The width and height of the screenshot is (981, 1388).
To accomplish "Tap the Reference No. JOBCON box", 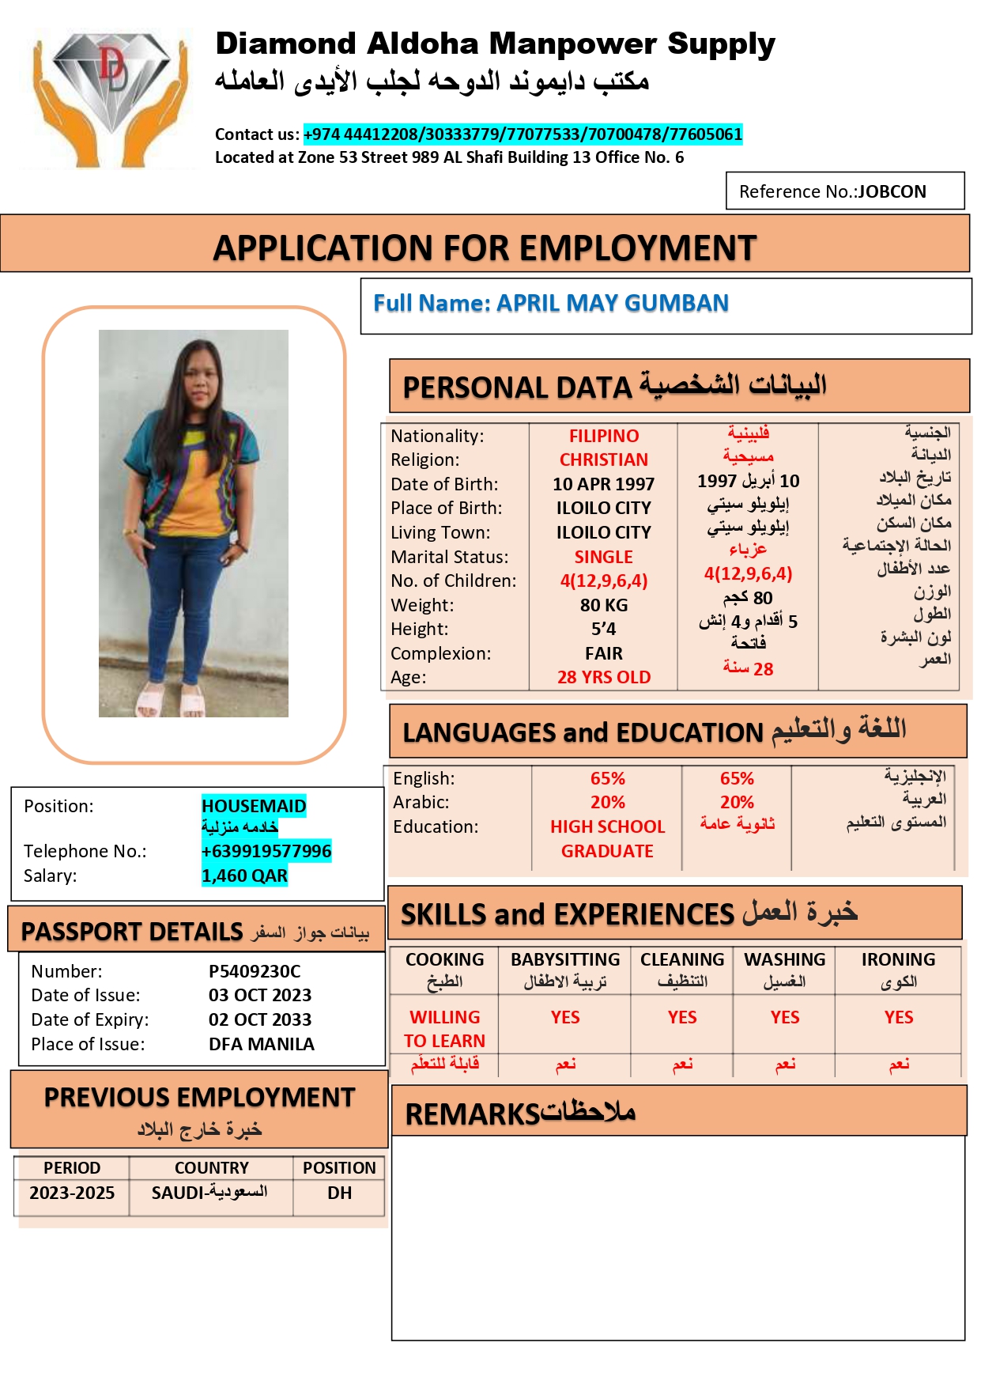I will click(x=844, y=191).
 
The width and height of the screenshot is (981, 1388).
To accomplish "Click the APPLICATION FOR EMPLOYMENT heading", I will click(x=485, y=248).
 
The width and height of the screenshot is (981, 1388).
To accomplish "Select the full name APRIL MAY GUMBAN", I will click(x=551, y=304).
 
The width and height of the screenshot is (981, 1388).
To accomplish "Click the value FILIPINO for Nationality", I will click(x=604, y=437).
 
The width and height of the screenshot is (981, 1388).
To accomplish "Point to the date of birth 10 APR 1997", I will click(x=604, y=484).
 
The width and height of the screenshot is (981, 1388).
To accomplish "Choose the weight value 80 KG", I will click(x=604, y=606).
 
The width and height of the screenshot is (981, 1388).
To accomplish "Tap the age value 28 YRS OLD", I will click(x=604, y=678).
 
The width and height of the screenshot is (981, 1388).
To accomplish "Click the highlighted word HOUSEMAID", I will click(x=254, y=806).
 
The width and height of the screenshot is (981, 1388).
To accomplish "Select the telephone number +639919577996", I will click(x=266, y=851).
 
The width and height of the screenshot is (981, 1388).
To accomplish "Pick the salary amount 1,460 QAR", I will click(x=244, y=876).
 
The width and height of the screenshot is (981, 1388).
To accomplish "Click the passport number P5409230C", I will click(x=255, y=971).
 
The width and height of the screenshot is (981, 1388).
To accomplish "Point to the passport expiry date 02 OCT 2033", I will click(x=260, y=1019).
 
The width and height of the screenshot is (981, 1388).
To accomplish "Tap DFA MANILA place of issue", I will click(x=262, y=1044).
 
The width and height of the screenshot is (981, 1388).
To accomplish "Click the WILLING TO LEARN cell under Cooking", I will click(x=445, y=1029).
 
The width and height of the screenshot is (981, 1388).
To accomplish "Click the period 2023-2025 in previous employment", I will click(x=72, y=1193).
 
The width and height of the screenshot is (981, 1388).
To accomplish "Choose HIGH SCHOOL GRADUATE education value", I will click(x=607, y=839).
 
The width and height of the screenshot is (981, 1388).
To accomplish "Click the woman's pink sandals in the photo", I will click(x=170, y=702).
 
